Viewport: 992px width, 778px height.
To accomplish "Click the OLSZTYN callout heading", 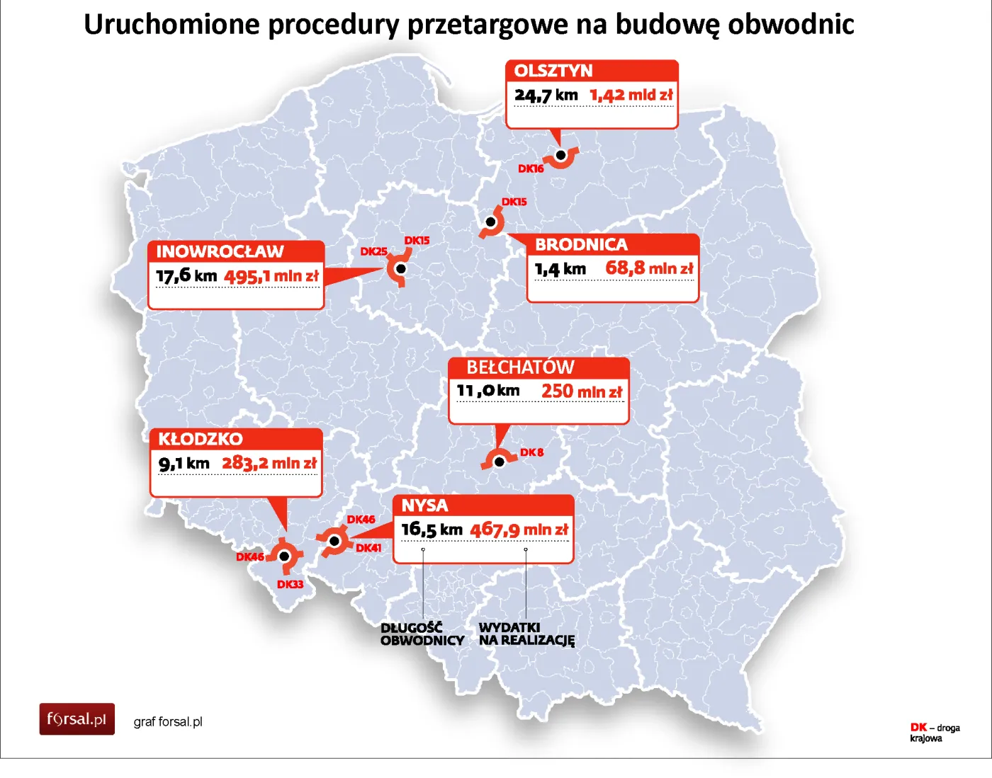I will [553, 71].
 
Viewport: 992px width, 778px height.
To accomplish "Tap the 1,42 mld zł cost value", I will [631, 95].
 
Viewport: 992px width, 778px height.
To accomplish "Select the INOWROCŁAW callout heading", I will [220, 251].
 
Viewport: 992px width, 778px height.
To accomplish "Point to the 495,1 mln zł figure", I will [271, 276].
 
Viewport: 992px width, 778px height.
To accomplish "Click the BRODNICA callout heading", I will [581, 245].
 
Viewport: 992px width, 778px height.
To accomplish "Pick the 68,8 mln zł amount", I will [649, 268].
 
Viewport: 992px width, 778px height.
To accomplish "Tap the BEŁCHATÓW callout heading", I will [520, 367].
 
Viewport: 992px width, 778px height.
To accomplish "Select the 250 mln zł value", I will [582, 391].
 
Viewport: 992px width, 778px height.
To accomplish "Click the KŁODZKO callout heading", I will [201, 439].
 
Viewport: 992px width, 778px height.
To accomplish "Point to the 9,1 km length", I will [184, 464].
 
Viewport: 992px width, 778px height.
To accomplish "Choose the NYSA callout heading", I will [424, 505].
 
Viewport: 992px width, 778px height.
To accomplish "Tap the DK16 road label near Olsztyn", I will [531, 168].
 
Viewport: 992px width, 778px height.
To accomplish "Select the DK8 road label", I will [531, 452].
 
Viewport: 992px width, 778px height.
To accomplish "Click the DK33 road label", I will [290, 584].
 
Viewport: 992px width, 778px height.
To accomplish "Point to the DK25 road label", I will [373, 251].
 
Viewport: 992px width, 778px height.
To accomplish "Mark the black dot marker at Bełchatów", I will [500, 462].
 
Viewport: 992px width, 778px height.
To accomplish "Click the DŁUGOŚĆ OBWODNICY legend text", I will [422, 634].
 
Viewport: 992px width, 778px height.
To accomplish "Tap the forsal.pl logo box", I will [77, 719].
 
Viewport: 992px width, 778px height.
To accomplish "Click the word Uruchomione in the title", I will [172, 24].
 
